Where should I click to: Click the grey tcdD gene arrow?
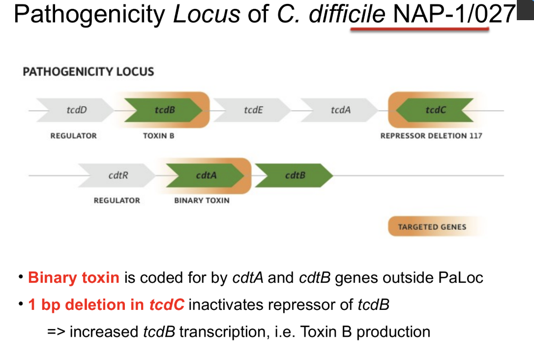pyautogui.click(x=76, y=110)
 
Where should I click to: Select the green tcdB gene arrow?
pyautogui.click(x=164, y=110)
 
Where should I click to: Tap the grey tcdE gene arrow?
pyautogui.click(x=253, y=110)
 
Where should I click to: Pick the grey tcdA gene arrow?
pyautogui.click(x=340, y=110)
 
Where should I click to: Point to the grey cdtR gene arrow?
pyautogui.click(x=118, y=175)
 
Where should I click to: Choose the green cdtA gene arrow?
pyautogui.click(x=206, y=175)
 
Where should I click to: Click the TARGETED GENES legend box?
pyautogui.click(x=432, y=227)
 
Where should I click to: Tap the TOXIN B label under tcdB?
pyautogui.click(x=158, y=136)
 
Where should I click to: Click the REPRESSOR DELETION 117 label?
pyautogui.click(x=431, y=136)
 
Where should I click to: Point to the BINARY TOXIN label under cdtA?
pyautogui.click(x=202, y=201)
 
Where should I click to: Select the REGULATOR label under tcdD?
pyautogui.click(x=73, y=136)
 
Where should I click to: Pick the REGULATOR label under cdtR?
pyautogui.click(x=117, y=201)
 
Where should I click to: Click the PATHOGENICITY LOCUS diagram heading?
pyautogui.click(x=89, y=72)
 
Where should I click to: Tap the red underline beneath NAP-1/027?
pyautogui.click(x=419, y=30)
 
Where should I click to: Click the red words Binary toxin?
pyautogui.click(x=74, y=278)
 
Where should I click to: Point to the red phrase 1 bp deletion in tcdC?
pyautogui.click(x=106, y=305)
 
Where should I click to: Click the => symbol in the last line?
pyautogui.click(x=56, y=332)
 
